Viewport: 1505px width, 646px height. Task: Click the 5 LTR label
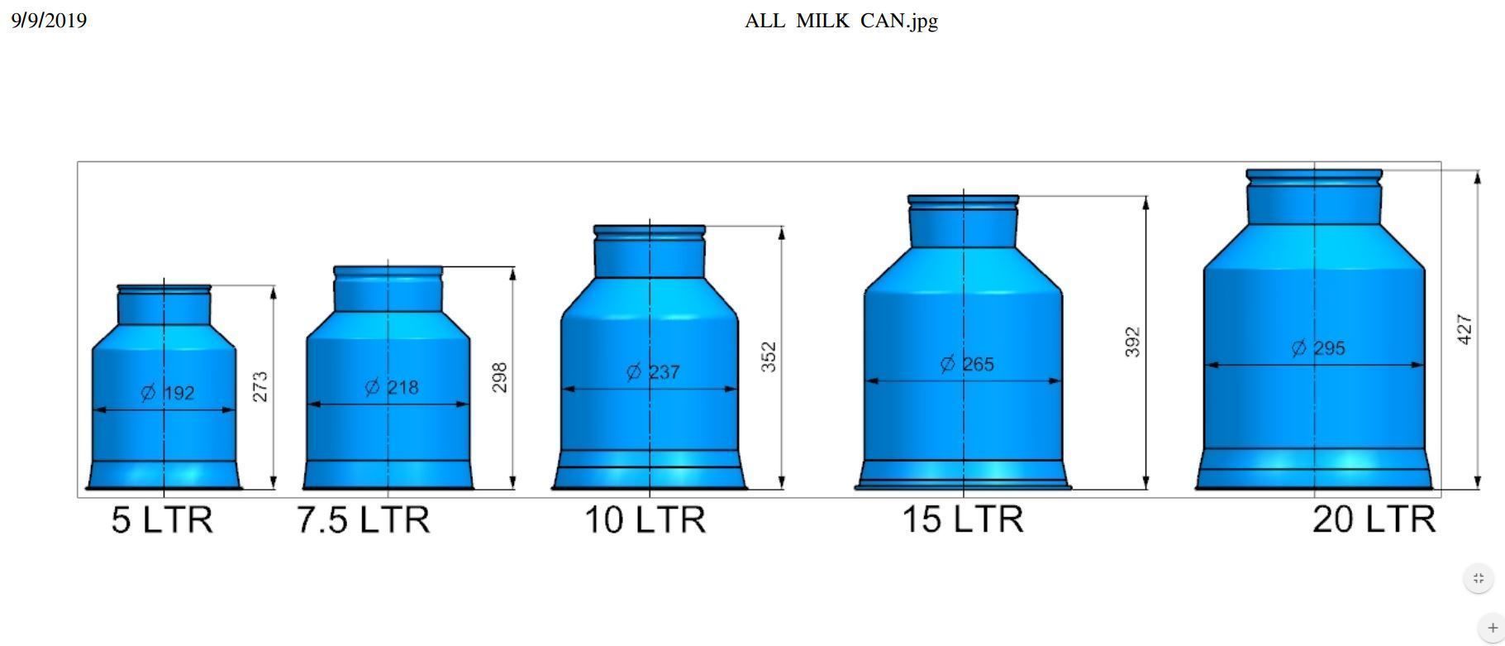point(162,520)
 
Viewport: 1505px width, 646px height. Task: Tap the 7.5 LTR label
point(364,520)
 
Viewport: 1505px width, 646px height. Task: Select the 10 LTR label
point(645,520)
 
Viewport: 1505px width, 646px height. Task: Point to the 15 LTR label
point(963,519)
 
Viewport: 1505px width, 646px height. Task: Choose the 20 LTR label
point(1374,519)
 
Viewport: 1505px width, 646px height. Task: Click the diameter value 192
point(179,393)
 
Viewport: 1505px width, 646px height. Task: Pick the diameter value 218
point(403,387)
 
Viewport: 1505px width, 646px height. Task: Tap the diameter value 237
point(664,372)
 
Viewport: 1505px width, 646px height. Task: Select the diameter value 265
point(978,364)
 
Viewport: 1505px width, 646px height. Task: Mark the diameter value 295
point(1329,348)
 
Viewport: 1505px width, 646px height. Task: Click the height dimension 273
point(260,386)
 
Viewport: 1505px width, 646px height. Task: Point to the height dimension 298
point(499,377)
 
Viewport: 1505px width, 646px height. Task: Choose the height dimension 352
point(769,356)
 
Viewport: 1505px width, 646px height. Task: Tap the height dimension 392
point(1132,342)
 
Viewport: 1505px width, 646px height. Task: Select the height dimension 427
point(1464,329)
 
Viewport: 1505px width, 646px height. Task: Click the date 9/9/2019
point(49,21)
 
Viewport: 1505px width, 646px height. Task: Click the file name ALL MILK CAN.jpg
point(841,21)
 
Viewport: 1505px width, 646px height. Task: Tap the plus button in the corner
point(1492,628)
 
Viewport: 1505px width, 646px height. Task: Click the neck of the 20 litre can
point(1314,203)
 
